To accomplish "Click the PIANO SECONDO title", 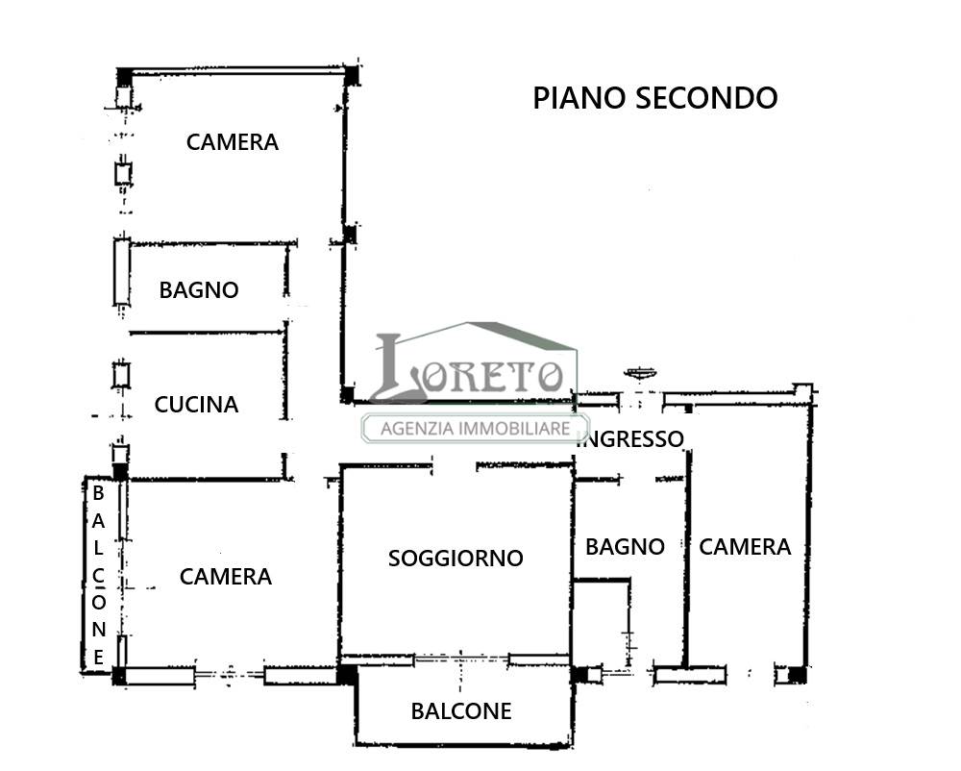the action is pos(655,98).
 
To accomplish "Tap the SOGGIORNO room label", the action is pos(456,559).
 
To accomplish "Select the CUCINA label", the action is pos(196,405).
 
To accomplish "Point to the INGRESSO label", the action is pos(631,438).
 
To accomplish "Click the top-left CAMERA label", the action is pos(233,142).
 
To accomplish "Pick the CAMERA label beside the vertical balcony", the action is pos(226,577).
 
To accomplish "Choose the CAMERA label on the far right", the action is pos(745,547).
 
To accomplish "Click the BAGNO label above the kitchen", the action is pos(199,290).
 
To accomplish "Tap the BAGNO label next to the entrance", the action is pos(625,547).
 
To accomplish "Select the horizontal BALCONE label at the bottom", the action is pos(461,711).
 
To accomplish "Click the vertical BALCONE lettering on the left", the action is pos(98,575).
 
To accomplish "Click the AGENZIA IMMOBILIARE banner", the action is pos(476,428).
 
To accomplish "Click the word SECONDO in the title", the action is pos(706,98).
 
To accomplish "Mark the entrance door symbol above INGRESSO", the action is pos(640,372).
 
